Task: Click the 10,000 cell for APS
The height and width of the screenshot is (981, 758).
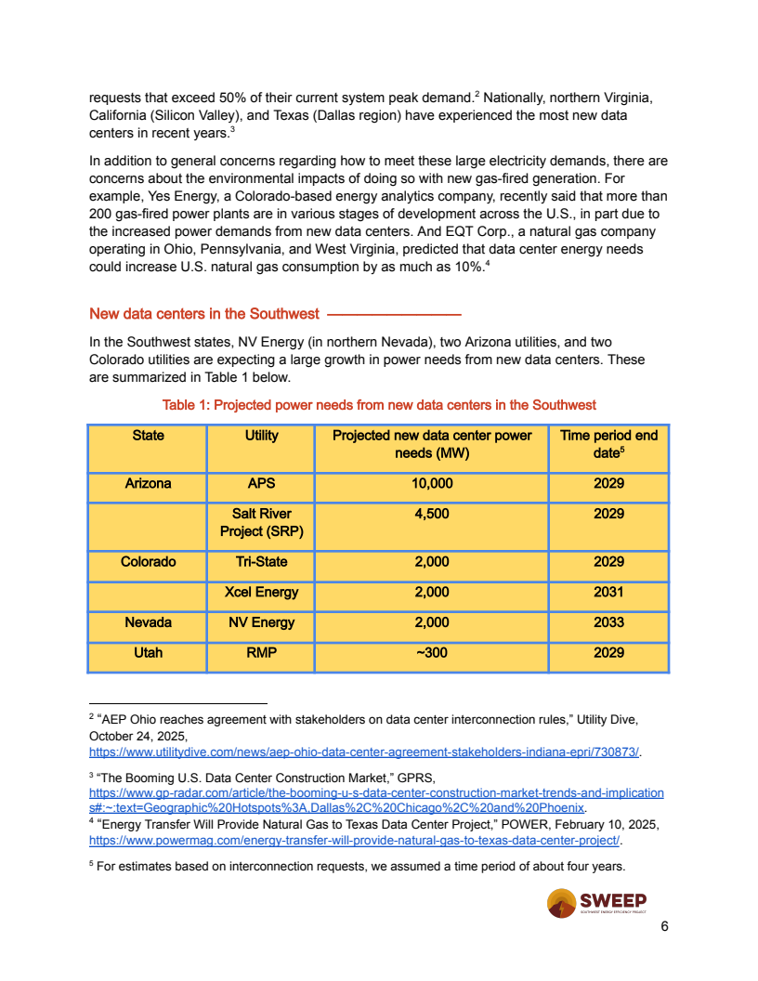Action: pyautogui.click(x=431, y=484)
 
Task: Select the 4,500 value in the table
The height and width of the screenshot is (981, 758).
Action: pyautogui.click(x=431, y=514)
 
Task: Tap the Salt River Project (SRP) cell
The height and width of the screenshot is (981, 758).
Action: pyautogui.click(x=261, y=523)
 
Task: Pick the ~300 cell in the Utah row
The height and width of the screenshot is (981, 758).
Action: pyautogui.click(x=431, y=653)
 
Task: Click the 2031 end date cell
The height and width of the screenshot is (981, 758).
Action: pyautogui.click(x=608, y=592)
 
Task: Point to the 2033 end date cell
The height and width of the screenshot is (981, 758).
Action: pyautogui.click(x=608, y=622)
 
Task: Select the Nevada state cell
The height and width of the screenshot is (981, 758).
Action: pyautogui.click(x=148, y=622)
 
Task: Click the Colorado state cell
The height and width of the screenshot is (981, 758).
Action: pyautogui.click(x=148, y=562)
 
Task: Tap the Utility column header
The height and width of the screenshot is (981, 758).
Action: pyautogui.click(x=261, y=436)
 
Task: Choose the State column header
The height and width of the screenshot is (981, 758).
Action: pyautogui.click(x=148, y=436)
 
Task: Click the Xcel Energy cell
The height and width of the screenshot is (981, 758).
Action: pyautogui.click(x=261, y=592)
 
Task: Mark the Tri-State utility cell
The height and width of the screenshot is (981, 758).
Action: pyautogui.click(x=261, y=562)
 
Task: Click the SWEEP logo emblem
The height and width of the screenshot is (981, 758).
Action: pyautogui.click(x=561, y=902)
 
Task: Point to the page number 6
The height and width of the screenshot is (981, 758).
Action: pyautogui.click(x=664, y=926)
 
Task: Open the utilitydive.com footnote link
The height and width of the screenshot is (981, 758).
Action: pyautogui.click(x=364, y=751)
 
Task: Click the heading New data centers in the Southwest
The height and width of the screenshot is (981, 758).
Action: pyautogui.click(x=204, y=314)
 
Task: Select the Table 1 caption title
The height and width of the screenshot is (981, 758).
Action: pyautogui.click(x=379, y=405)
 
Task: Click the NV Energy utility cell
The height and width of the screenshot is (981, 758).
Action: pyautogui.click(x=261, y=622)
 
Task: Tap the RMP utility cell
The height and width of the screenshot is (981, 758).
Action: pyautogui.click(x=261, y=653)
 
